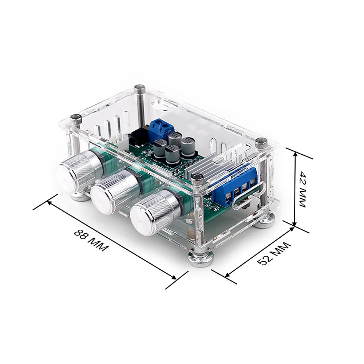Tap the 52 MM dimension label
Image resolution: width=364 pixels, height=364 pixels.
coord(274,254)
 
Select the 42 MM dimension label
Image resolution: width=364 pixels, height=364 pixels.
coord(302,189)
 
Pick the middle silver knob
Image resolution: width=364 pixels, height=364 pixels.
coord(114,190)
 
